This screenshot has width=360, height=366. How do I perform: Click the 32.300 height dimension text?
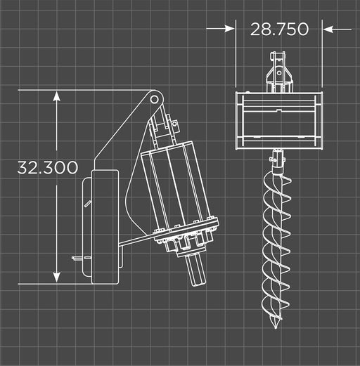tap(48, 169)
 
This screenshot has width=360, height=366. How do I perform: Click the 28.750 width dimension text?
tap(279, 29)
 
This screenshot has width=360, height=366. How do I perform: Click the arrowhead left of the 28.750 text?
tap(230, 29)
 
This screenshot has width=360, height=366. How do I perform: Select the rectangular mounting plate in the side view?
tap(104, 225)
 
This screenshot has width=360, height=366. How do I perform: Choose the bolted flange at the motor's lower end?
tap(186, 240)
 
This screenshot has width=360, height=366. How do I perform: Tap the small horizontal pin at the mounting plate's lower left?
tap(77, 258)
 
